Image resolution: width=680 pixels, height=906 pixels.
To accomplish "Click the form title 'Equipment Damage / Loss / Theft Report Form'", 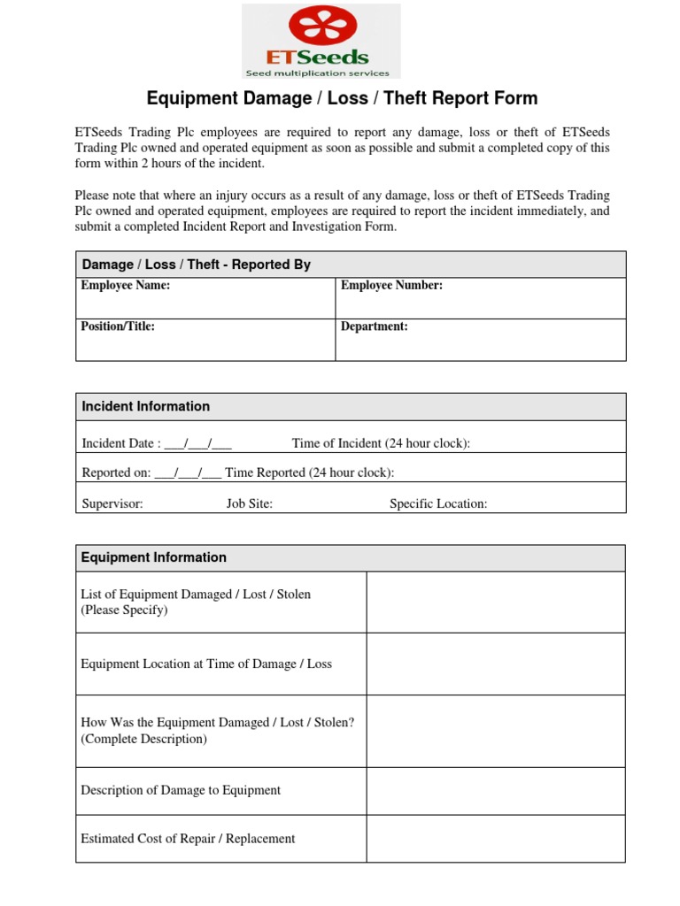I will click(x=342, y=98).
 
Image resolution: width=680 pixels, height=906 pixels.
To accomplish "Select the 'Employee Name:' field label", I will click(x=125, y=286).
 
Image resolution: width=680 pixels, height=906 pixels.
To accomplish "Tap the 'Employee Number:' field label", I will click(x=391, y=286).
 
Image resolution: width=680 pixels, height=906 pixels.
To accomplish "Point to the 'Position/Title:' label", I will click(x=118, y=326).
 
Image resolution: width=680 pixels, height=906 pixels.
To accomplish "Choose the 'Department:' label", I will click(x=375, y=326).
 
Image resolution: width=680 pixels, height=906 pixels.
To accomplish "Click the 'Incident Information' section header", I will click(x=146, y=406).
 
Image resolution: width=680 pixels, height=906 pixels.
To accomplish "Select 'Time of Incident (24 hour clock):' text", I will click(x=381, y=443).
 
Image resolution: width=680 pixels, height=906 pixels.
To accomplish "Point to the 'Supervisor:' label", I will click(x=112, y=503).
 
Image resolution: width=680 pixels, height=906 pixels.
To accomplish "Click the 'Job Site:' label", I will click(x=250, y=503).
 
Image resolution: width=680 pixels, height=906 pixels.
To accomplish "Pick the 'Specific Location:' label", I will click(x=438, y=503).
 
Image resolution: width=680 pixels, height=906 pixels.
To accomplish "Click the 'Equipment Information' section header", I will click(x=154, y=557).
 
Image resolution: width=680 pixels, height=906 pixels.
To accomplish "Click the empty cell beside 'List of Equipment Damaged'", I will click(x=496, y=602).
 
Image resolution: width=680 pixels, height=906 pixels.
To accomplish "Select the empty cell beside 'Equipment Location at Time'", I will click(x=496, y=664).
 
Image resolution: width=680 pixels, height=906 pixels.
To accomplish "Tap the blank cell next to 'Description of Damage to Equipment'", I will click(x=496, y=790).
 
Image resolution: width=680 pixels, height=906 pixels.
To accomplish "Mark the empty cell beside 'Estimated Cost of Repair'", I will click(x=496, y=839).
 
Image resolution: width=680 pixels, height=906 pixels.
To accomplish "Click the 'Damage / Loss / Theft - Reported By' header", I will click(x=197, y=265).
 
